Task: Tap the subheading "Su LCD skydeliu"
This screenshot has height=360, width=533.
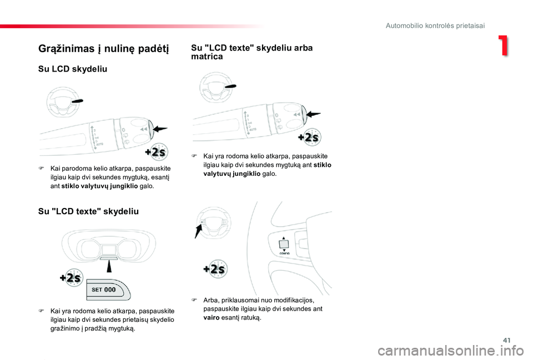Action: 72,69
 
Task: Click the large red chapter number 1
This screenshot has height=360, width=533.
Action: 502,47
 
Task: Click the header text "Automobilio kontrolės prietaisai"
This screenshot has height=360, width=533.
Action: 435,26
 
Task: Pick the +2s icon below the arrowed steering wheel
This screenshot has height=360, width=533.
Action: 214,270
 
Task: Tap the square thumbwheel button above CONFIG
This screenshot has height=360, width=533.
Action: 284,242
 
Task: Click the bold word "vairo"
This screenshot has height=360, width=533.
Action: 212,318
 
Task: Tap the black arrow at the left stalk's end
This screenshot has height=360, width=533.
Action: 160,129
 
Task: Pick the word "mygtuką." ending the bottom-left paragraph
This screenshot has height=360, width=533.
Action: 120,328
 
